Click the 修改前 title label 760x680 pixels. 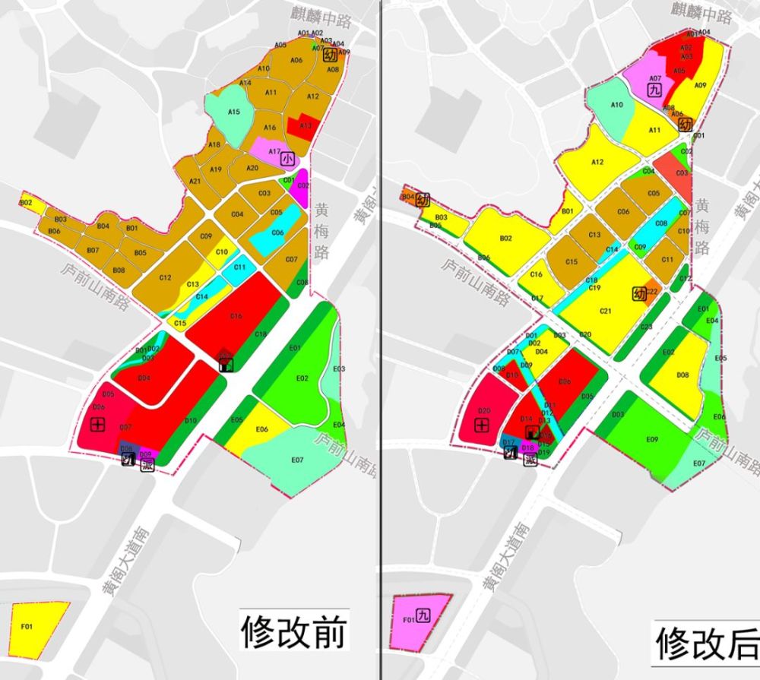pos(294,631)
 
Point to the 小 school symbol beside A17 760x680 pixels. pos(287,159)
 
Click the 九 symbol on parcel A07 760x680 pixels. pos(654,89)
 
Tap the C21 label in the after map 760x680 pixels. pos(606,311)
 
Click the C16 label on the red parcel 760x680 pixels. pos(236,316)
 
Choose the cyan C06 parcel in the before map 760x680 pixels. pos(277,233)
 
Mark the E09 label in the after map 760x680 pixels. pos(651,440)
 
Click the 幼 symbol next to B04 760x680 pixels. pos(423,201)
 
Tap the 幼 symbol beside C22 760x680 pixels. pos(639,293)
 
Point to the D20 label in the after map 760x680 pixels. pos(483,411)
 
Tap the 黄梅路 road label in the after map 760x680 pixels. pos(702,226)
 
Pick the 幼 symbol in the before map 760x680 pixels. pos(330,55)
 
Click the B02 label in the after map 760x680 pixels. pos(505,239)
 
